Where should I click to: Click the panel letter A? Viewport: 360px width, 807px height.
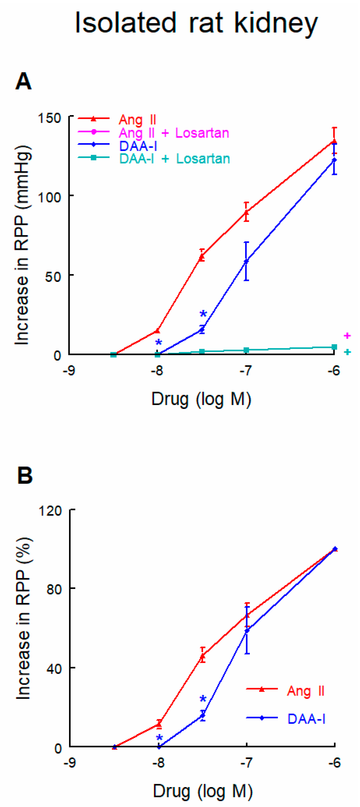[x=24, y=81]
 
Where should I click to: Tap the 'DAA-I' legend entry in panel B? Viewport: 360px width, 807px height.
[x=306, y=719]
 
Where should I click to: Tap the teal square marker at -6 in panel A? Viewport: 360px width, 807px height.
[x=334, y=347]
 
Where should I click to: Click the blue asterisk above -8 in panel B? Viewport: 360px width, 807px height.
[x=159, y=738]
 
